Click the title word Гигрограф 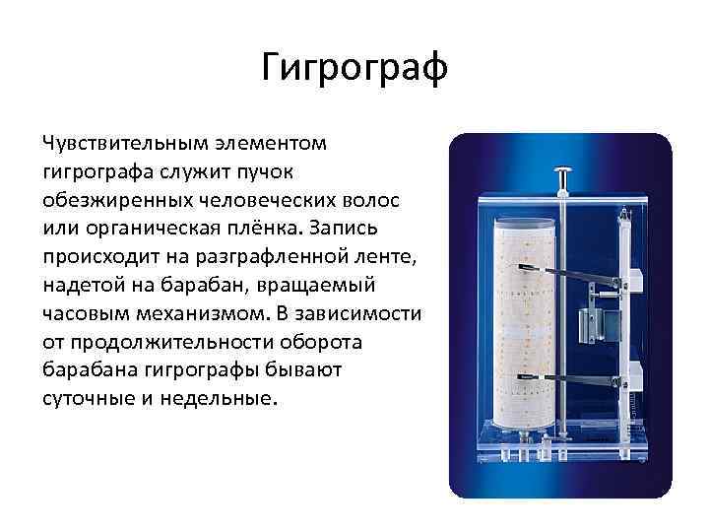tap(354, 68)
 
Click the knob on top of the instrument tap(564, 178)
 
